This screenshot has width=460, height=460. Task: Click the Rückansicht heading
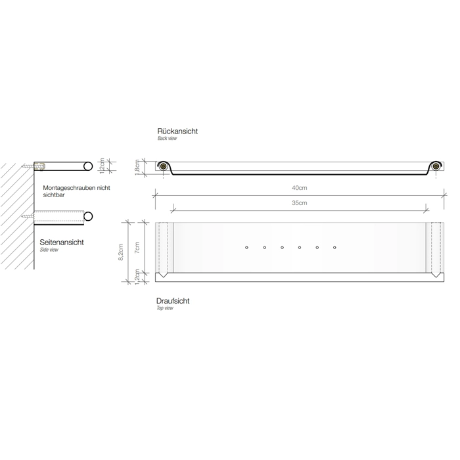pyautogui.click(x=177, y=131)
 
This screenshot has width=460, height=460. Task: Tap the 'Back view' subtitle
pyautogui.click(x=167, y=138)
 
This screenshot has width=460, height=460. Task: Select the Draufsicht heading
pyautogui.click(x=173, y=301)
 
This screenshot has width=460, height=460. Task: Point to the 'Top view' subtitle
pyautogui.click(x=164, y=308)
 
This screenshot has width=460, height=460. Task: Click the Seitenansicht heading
pyautogui.click(x=62, y=242)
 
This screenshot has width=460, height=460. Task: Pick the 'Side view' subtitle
pyautogui.click(x=49, y=250)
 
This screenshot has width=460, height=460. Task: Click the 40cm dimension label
pyautogui.click(x=299, y=188)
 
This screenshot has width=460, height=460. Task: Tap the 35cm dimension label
pyautogui.click(x=299, y=202)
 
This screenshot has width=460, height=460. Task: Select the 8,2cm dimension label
pyautogui.click(x=120, y=252)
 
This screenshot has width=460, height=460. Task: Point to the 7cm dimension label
pyautogui.click(x=137, y=248)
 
